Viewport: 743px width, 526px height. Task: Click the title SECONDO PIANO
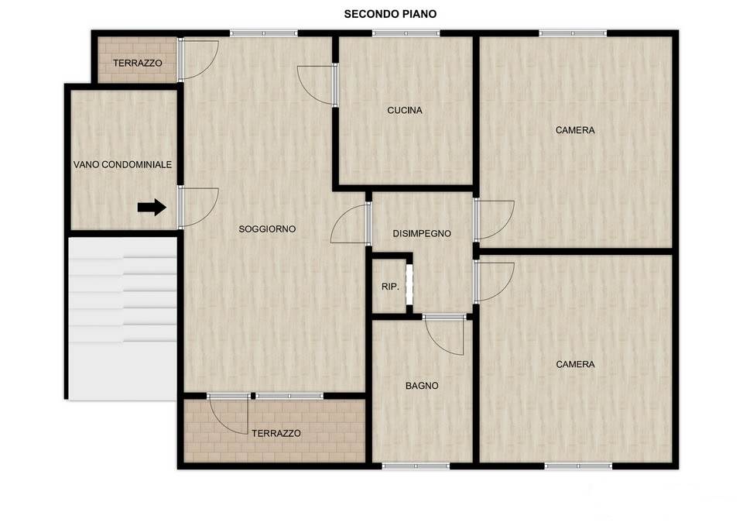pos(390,14)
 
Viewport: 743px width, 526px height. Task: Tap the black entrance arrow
pos(152,208)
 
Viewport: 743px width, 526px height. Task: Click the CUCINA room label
pos(405,111)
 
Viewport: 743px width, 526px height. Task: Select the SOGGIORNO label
pos(267,229)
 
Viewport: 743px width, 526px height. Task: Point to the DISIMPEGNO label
pos(422,233)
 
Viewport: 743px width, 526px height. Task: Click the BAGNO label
pos(422,386)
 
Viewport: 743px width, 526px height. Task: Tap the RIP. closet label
pos(390,287)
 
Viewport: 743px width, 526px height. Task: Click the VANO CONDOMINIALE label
pos(122,164)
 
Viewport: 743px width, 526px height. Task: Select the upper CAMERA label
pos(575,130)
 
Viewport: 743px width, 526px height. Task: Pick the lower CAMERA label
pos(575,364)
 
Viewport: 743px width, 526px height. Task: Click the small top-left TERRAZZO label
pos(138,63)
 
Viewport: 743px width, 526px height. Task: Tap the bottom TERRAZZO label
pos(276,434)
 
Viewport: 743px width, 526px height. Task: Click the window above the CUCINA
pos(406,33)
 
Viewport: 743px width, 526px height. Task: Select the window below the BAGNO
pos(416,466)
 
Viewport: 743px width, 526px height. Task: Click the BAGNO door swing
pos(443,335)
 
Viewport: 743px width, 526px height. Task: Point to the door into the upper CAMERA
pos(494,219)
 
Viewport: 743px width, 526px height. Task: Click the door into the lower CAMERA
pos(494,283)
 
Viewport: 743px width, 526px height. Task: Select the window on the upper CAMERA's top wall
pos(573,33)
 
